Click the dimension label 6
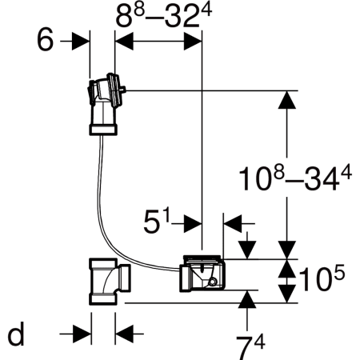click(46, 40)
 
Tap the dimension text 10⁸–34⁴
click(295, 178)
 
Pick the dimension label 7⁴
click(250, 347)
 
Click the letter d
click(16, 334)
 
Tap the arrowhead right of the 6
click(81, 41)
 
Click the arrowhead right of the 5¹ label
click(193, 223)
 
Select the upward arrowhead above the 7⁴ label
click(247, 299)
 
